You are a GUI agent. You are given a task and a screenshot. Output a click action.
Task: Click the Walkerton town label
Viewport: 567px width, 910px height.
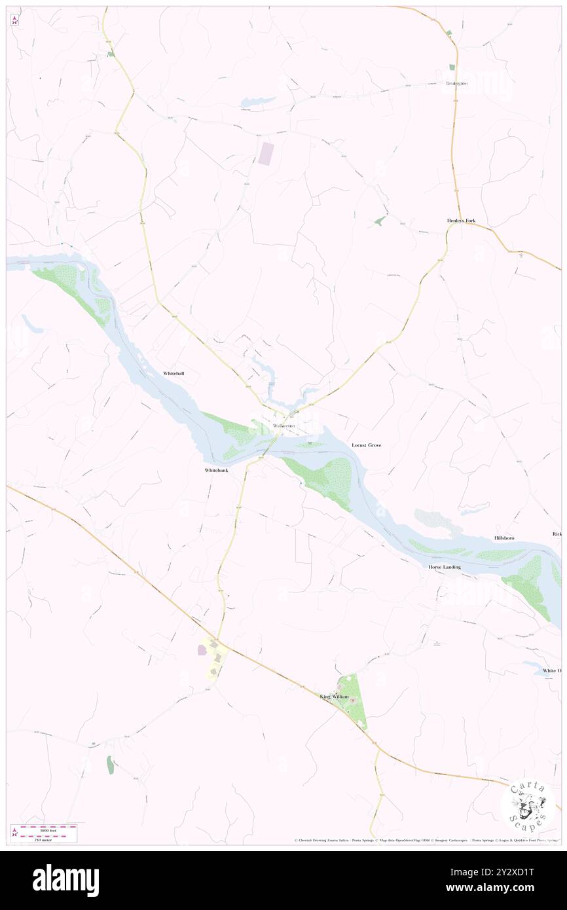pos(283,426)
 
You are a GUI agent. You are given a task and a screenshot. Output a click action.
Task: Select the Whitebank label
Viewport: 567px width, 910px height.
pos(215,471)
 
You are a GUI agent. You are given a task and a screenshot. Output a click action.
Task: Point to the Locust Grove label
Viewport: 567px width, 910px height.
pos(366,445)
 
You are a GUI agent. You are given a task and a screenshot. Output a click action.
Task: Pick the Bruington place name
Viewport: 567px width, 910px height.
pos(456,84)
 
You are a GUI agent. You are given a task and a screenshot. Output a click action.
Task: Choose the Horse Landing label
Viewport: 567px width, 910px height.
pos(445,567)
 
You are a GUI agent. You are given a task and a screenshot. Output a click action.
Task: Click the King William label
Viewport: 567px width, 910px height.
pos(334,697)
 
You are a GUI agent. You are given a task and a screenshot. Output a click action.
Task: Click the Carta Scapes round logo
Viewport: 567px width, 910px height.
pos(528,805)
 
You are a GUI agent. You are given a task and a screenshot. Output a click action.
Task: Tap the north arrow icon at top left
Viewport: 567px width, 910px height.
pos(14,21)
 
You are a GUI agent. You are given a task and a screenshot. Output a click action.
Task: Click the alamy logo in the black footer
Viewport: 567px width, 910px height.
pos(65,881)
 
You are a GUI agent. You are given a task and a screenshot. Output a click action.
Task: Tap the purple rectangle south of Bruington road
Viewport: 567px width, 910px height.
pos(266,154)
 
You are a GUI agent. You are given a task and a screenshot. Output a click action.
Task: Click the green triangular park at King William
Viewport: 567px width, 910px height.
pos(352,701)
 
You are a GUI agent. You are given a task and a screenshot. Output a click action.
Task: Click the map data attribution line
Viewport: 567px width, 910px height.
pos(426,841)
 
